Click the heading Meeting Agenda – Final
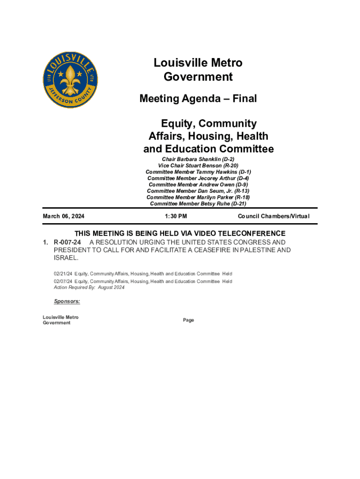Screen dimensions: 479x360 198,99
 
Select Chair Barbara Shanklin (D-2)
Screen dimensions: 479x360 198,160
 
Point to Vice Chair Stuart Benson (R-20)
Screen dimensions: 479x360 198,166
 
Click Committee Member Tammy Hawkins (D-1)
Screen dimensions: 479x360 198,172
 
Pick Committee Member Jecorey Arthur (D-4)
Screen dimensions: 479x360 198,178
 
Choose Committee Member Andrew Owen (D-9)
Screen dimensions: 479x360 198,185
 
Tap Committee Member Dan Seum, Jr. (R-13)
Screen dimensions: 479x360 198,191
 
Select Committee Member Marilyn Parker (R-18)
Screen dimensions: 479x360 198,197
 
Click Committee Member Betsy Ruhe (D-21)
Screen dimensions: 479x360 198,203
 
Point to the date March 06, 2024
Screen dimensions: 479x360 67,217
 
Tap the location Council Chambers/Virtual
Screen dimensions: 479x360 274,217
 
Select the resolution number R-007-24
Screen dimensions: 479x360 68,242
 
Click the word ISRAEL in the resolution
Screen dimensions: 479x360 66,258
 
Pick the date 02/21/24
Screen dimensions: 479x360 63,274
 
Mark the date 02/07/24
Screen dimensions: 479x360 63,281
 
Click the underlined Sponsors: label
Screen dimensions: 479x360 67,302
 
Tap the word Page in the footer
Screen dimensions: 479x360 188,320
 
